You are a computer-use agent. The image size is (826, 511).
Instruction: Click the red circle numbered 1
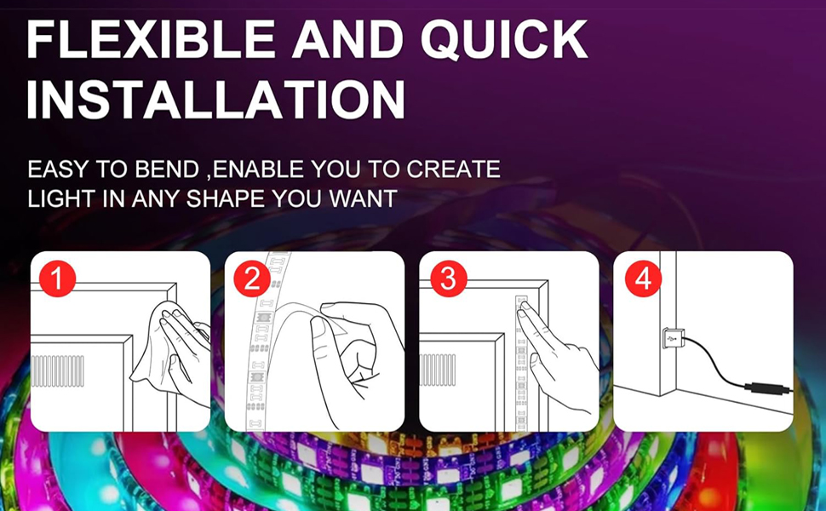pyautogui.click(x=56, y=279)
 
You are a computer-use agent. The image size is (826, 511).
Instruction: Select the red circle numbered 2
pyautogui.click(x=251, y=279)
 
